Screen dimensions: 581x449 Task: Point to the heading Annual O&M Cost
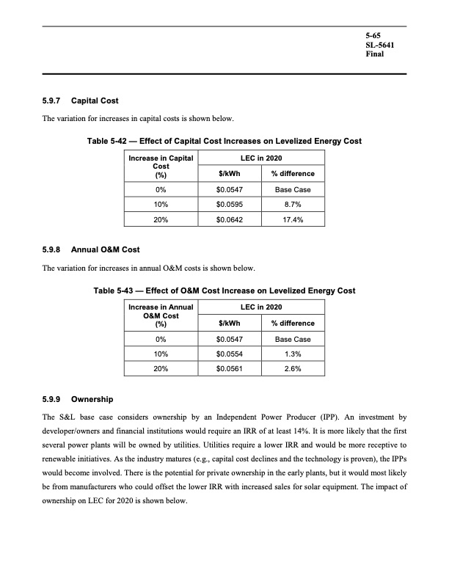coord(106,250)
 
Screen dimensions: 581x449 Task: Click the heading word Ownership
coord(92,400)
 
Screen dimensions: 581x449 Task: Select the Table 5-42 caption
coord(224,141)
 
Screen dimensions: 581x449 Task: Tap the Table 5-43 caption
coord(224,290)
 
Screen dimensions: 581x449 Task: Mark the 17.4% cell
coord(292,219)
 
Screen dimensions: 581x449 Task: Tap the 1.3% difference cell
coord(292,354)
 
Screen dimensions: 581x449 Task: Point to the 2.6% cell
coord(292,369)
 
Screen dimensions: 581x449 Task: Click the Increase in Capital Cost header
coord(160,166)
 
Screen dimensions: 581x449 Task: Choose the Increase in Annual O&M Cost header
coord(160,315)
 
